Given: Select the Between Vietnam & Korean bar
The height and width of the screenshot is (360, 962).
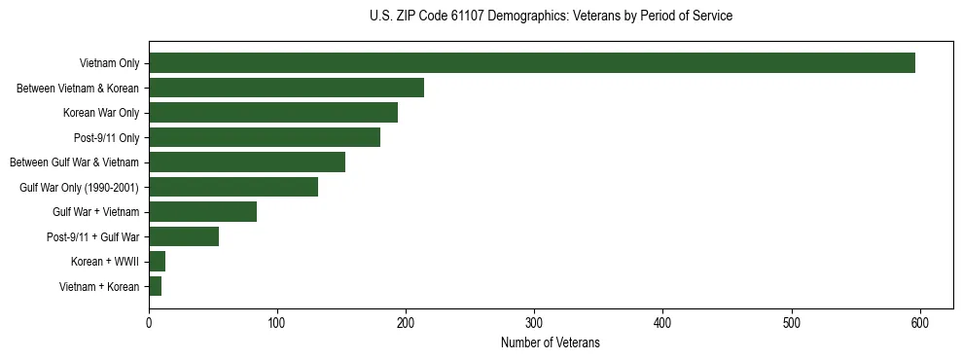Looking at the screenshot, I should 286,88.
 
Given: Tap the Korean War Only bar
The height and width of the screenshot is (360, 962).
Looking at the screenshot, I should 273,113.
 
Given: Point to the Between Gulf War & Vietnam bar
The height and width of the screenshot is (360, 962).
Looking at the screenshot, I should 247,162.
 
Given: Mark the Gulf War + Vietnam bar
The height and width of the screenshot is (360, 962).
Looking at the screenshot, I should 202,211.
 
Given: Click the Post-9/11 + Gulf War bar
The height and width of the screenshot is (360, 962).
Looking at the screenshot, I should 184,236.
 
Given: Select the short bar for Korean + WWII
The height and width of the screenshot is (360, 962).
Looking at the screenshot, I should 158,261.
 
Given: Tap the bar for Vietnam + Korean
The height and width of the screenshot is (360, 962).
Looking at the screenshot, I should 156,286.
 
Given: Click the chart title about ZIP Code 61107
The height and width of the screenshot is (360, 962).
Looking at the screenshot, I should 551,17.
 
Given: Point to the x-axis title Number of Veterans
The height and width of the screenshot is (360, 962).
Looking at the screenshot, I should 551,343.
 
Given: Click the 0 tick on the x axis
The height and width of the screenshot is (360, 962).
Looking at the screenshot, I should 149,322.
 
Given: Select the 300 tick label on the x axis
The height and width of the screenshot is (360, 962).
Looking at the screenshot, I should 534,322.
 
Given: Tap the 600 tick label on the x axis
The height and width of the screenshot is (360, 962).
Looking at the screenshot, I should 920,322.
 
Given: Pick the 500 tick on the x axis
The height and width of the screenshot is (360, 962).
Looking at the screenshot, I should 792,322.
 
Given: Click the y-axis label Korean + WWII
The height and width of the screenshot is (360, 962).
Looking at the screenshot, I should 105,262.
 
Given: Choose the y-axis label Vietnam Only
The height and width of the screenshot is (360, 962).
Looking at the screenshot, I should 109,64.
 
